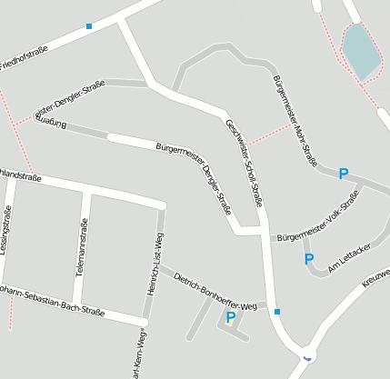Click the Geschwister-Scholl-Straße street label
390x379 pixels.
[243, 163]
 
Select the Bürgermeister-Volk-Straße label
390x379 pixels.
[319, 222]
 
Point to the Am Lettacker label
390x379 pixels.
[350, 258]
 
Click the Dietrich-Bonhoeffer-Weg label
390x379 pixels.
[215, 292]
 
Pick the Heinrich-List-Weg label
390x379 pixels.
[153, 264]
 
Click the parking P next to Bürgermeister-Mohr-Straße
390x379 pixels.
[343, 174]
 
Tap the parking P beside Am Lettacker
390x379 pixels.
[308, 259]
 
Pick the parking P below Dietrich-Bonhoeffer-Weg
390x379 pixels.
[230, 317]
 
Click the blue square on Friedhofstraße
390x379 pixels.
[89, 26]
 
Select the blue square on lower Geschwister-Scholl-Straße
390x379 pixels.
[277, 312]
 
